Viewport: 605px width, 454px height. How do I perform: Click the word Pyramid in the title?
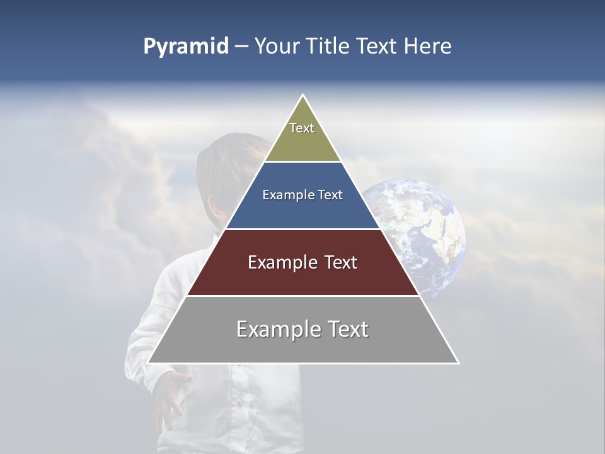tap(185, 47)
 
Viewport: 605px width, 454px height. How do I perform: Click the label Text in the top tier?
tap(302, 128)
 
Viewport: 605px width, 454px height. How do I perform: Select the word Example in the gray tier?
tap(277, 329)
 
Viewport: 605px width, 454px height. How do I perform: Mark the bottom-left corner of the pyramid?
tap(148, 363)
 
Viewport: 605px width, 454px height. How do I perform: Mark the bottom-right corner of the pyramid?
tap(458, 363)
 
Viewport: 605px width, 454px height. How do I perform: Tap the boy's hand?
tap(169, 397)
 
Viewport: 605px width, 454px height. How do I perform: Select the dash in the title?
tap(241, 47)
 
